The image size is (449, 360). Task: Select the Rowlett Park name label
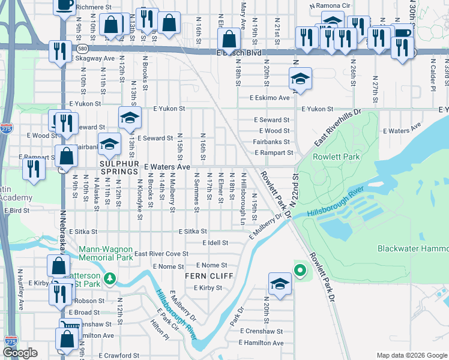(x=334, y=157)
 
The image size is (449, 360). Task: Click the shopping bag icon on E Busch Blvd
(x=229, y=41)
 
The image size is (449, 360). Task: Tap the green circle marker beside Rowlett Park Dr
(x=300, y=270)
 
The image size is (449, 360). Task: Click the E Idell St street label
(x=215, y=243)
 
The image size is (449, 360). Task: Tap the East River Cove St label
(x=161, y=254)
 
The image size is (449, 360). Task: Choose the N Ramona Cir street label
(x=330, y=5)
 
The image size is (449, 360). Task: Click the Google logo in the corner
(x=20, y=353)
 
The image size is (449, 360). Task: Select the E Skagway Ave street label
(x=92, y=59)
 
